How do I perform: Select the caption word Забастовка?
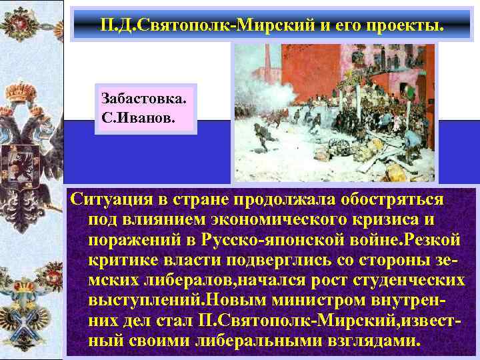pos(144,98)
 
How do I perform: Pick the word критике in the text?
pos(120,259)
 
